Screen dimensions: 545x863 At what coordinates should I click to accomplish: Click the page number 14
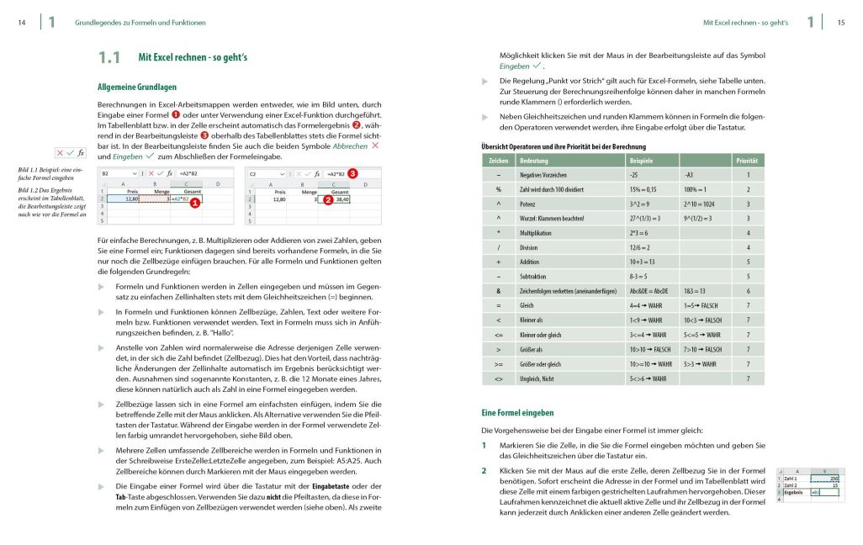[x=22, y=23]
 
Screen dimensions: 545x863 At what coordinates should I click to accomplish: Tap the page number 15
[x=840, y=23]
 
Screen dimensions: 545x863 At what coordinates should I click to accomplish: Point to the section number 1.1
[x=109, y=58]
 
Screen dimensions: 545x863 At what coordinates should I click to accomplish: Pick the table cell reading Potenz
[x=530, y=204]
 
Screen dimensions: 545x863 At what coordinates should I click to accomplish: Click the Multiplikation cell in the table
[x=539, y=232]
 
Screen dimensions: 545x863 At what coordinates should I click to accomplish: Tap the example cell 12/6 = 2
[x=643, y=247]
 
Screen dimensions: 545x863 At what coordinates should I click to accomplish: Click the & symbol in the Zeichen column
[x=499, y=290]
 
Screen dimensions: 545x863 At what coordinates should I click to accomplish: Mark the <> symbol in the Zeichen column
[x=499, y=378]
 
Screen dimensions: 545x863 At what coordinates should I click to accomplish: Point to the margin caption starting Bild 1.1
[x=49, y=175]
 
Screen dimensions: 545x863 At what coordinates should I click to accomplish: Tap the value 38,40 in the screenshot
[x=341, y=200]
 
